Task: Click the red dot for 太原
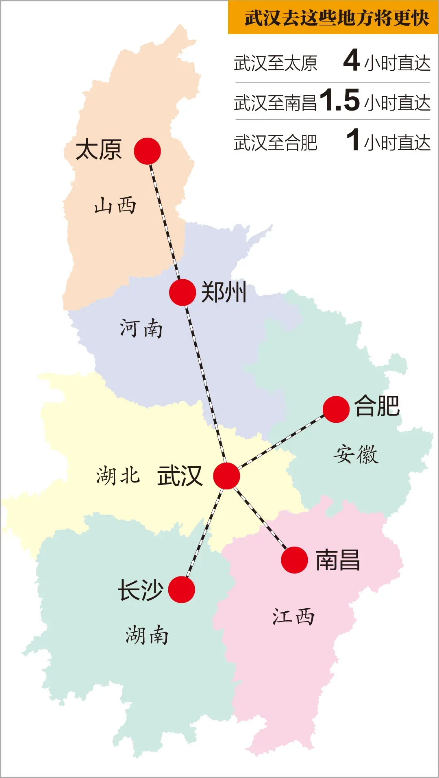(x=147, y=151)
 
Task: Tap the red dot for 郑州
(x=183, y=292)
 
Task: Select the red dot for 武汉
(x=226, y=476)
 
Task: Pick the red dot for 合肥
(x=336, y=409)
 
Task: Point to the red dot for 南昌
(x=294, y=560)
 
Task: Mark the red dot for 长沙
(x=182, y=590)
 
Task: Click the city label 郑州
(x=224, y=292)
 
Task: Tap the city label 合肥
(x=377, y=406)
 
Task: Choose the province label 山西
(x=115, y=205)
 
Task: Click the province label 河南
(x=141, y=328)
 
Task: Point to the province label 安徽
(x=356, y=454)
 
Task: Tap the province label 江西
(x=293, y=617)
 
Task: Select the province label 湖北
(x=118, y=476)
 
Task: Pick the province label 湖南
(x=147, y=635)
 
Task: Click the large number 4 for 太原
(x=351, y=60)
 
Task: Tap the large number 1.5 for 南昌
(x=340, y=100)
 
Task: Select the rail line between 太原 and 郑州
(x=165, y=222)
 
